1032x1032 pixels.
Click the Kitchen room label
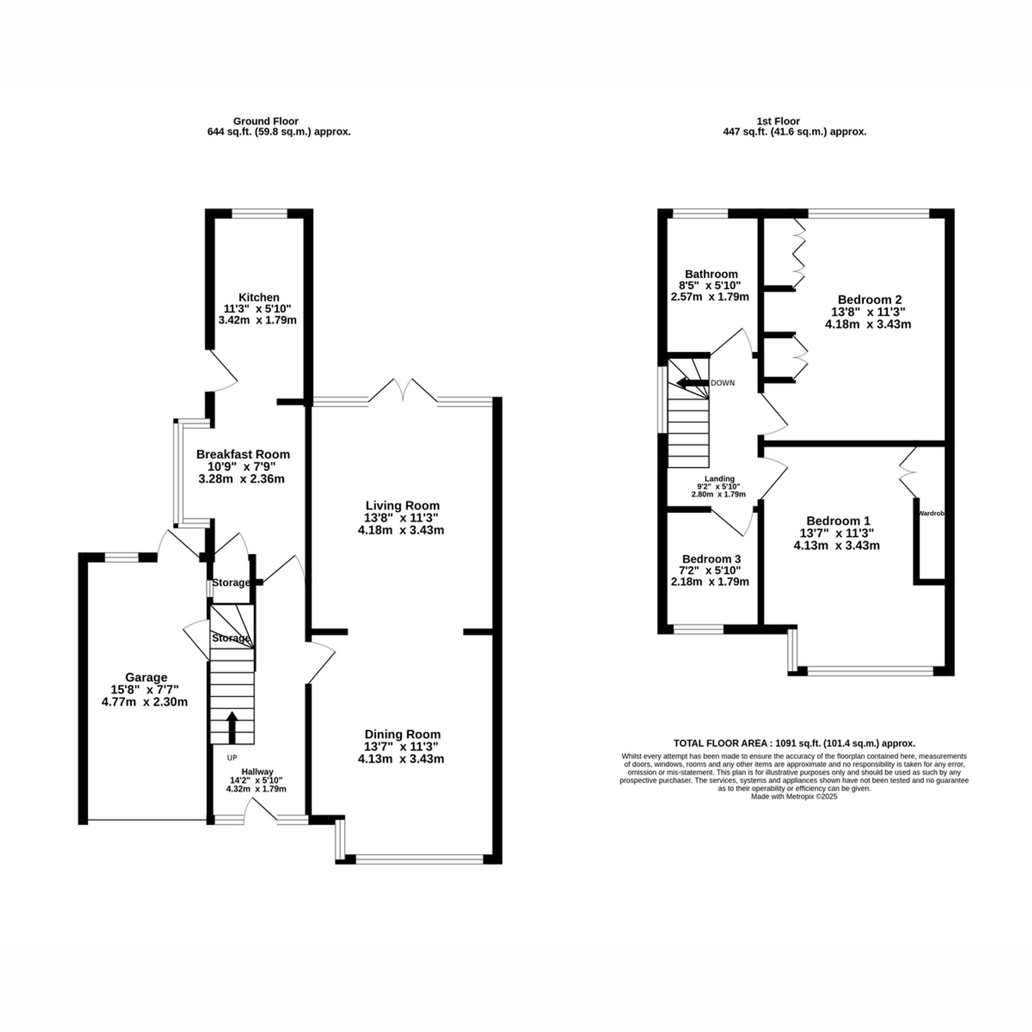(259, 298)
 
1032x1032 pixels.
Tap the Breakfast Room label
(243, 455)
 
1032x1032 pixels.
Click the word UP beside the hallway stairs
(232, 757)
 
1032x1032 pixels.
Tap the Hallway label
(257, 771)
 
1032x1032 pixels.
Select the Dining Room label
(402, 734)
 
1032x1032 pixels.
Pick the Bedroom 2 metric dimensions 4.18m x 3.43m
(868, 324)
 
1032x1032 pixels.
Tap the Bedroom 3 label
(711, 559)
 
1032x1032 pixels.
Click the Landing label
(719, 479)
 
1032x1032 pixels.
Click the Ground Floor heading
(265, 121)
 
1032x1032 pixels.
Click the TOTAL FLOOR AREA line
(794, 743)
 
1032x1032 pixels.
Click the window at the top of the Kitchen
(260, 214)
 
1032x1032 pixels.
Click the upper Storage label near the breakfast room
(231, 583)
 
